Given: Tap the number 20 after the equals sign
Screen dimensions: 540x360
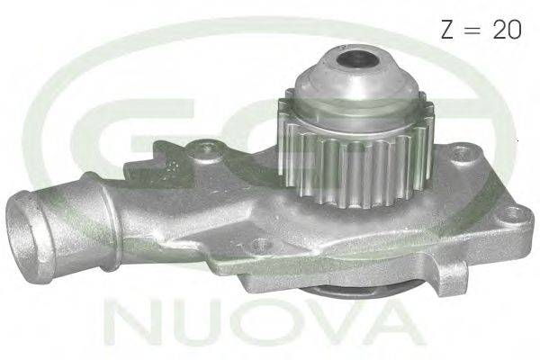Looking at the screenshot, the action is pos(508,29).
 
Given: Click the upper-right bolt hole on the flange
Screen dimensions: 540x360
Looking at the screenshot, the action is pos(461,154).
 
